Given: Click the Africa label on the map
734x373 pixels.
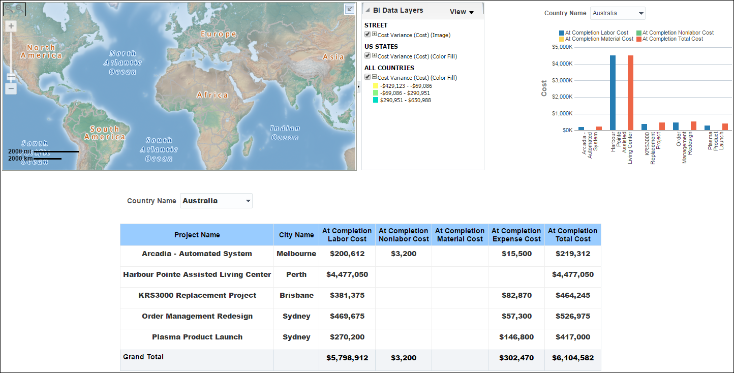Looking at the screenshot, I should [212, 95].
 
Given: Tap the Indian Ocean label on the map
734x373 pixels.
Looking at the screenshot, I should [285, 133].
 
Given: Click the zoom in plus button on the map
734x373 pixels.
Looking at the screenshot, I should [11, 26].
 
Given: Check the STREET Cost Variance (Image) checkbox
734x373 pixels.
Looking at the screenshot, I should [368, 35].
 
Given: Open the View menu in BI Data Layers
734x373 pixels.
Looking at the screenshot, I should [462, 12].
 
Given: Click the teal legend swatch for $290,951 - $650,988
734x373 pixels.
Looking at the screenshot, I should [375, 101].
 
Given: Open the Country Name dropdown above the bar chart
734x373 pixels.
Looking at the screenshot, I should [618, 13].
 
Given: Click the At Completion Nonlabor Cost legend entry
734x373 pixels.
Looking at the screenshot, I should [675, 33].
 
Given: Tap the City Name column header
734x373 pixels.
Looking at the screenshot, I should [296, 235].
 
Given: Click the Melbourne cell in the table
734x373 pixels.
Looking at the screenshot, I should [296, 254].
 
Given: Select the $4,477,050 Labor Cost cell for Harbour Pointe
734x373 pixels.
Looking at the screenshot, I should [347, 274].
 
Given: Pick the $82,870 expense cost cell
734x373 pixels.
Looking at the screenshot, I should [516, 295].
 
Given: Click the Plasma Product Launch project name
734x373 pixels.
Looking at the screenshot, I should [197, 337].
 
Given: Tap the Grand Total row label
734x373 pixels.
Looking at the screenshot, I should [143, 357].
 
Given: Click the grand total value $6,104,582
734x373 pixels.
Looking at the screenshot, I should [573, 358].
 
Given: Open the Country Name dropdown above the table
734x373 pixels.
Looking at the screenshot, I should [217, 201].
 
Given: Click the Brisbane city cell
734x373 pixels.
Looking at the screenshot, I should [296, 295].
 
